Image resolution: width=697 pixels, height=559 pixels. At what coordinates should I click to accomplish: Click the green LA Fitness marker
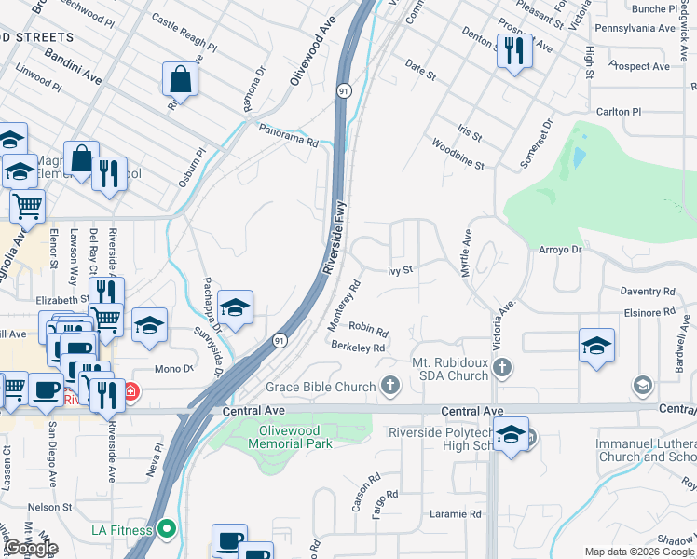click(x=167, y=530)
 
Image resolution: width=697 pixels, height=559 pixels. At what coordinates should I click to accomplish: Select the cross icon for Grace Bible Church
click(x=390, y=386)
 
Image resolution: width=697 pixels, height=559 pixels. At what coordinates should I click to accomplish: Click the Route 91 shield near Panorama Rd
click(x=344, y=90)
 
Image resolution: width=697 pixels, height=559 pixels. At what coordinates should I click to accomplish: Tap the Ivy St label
click(x=400, y=270)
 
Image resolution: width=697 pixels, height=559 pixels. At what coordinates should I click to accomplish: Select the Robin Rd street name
click(x=368, y=328)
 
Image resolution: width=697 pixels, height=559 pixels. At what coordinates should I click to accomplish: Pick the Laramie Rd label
click(x=455, y=513)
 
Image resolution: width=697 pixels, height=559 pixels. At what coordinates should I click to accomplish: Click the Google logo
click(x=31, y=548)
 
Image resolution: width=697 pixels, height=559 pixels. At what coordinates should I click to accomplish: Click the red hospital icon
click(x=132, y=390)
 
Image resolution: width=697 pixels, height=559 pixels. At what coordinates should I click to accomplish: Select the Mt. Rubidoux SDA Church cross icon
click(x=503, y=365)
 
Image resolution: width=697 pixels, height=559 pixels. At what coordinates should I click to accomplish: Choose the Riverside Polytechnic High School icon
click(x=511, y=435)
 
